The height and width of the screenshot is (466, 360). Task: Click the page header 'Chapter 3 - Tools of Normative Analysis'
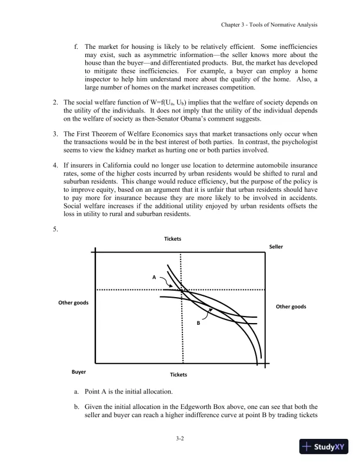click(x=269, y=25)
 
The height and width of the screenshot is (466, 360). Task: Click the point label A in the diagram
click(x=154, y=276)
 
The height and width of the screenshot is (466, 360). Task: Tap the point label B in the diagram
click(x=199, y=323)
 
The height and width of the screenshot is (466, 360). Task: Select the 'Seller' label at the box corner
click(x=276, y=247)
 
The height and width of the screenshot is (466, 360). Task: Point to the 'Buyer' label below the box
click(x=79, y=372)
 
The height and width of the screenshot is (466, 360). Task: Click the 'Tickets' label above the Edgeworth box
click(x=172, y=239)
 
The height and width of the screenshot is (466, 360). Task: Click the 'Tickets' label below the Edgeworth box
click(x=178, y=374)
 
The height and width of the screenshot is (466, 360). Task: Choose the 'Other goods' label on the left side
click(x=73, y=302)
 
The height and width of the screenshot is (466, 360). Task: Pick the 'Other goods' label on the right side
click(x=291, y=307)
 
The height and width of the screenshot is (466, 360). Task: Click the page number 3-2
click(x=180, y=438)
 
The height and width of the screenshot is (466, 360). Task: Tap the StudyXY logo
click(x=323, y=447)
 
